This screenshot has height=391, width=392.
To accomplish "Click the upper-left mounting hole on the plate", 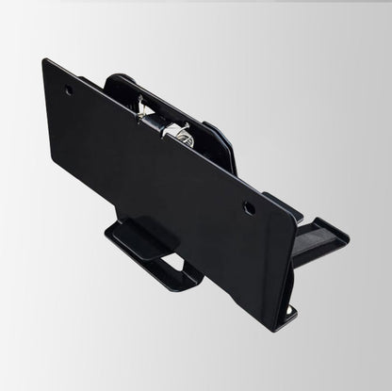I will click(x=69, y=91).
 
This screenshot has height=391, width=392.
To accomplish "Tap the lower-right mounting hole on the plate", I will click(x=249, y=206).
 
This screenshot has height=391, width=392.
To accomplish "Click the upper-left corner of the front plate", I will click(x=45, y=61).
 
